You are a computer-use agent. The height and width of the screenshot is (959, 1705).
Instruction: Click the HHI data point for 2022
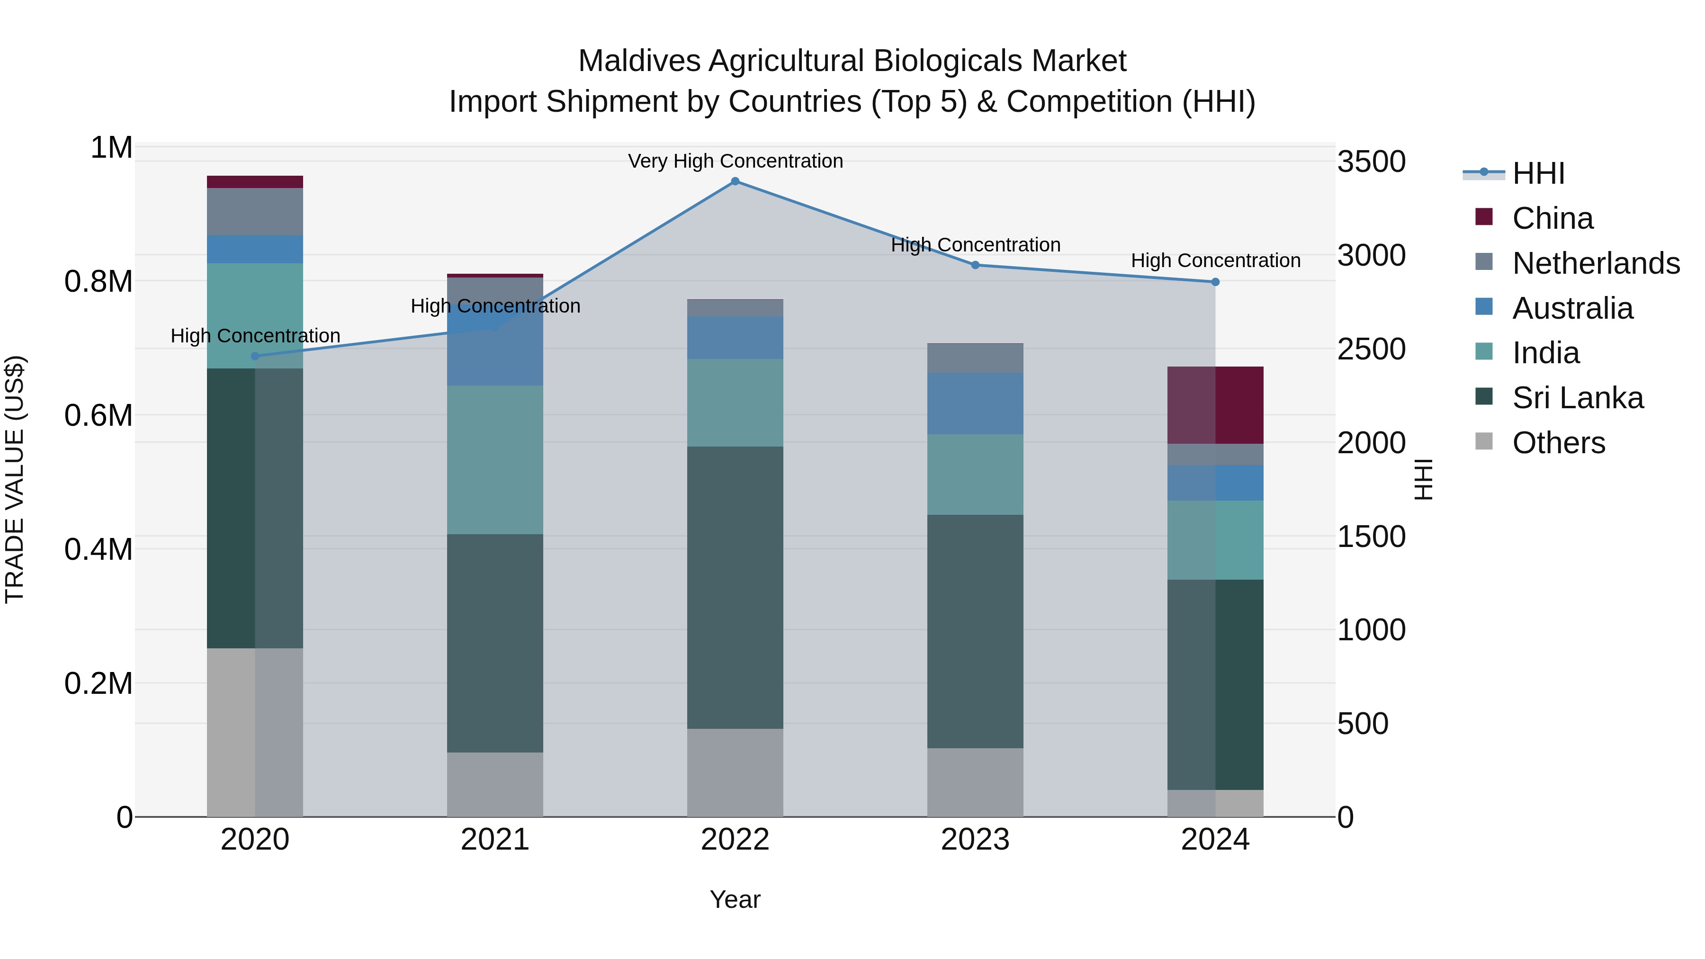735,181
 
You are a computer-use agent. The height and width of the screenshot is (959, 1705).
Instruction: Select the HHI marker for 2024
1215,282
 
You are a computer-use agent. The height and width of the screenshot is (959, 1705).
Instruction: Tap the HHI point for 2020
255,356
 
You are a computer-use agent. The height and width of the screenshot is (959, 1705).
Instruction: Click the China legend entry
1552,218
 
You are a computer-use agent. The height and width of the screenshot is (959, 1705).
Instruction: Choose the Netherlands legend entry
1595,263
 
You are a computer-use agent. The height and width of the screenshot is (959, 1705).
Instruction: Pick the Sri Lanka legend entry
1577,398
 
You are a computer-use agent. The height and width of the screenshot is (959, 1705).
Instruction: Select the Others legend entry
1558,443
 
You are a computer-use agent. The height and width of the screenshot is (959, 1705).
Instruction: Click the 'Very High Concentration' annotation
735,161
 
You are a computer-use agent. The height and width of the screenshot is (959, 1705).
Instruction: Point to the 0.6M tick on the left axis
99,416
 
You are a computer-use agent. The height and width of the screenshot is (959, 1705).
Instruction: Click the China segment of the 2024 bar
1215,405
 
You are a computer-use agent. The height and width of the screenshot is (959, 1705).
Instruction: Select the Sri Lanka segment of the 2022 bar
735,588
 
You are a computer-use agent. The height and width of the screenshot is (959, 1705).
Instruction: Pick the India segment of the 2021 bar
495,460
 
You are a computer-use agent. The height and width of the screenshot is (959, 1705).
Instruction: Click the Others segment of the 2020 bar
255,732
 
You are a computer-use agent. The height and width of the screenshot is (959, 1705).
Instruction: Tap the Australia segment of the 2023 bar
975,403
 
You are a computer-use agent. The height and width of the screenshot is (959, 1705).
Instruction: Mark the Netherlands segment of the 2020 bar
255,212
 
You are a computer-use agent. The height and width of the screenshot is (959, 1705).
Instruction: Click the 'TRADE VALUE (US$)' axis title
15,480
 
